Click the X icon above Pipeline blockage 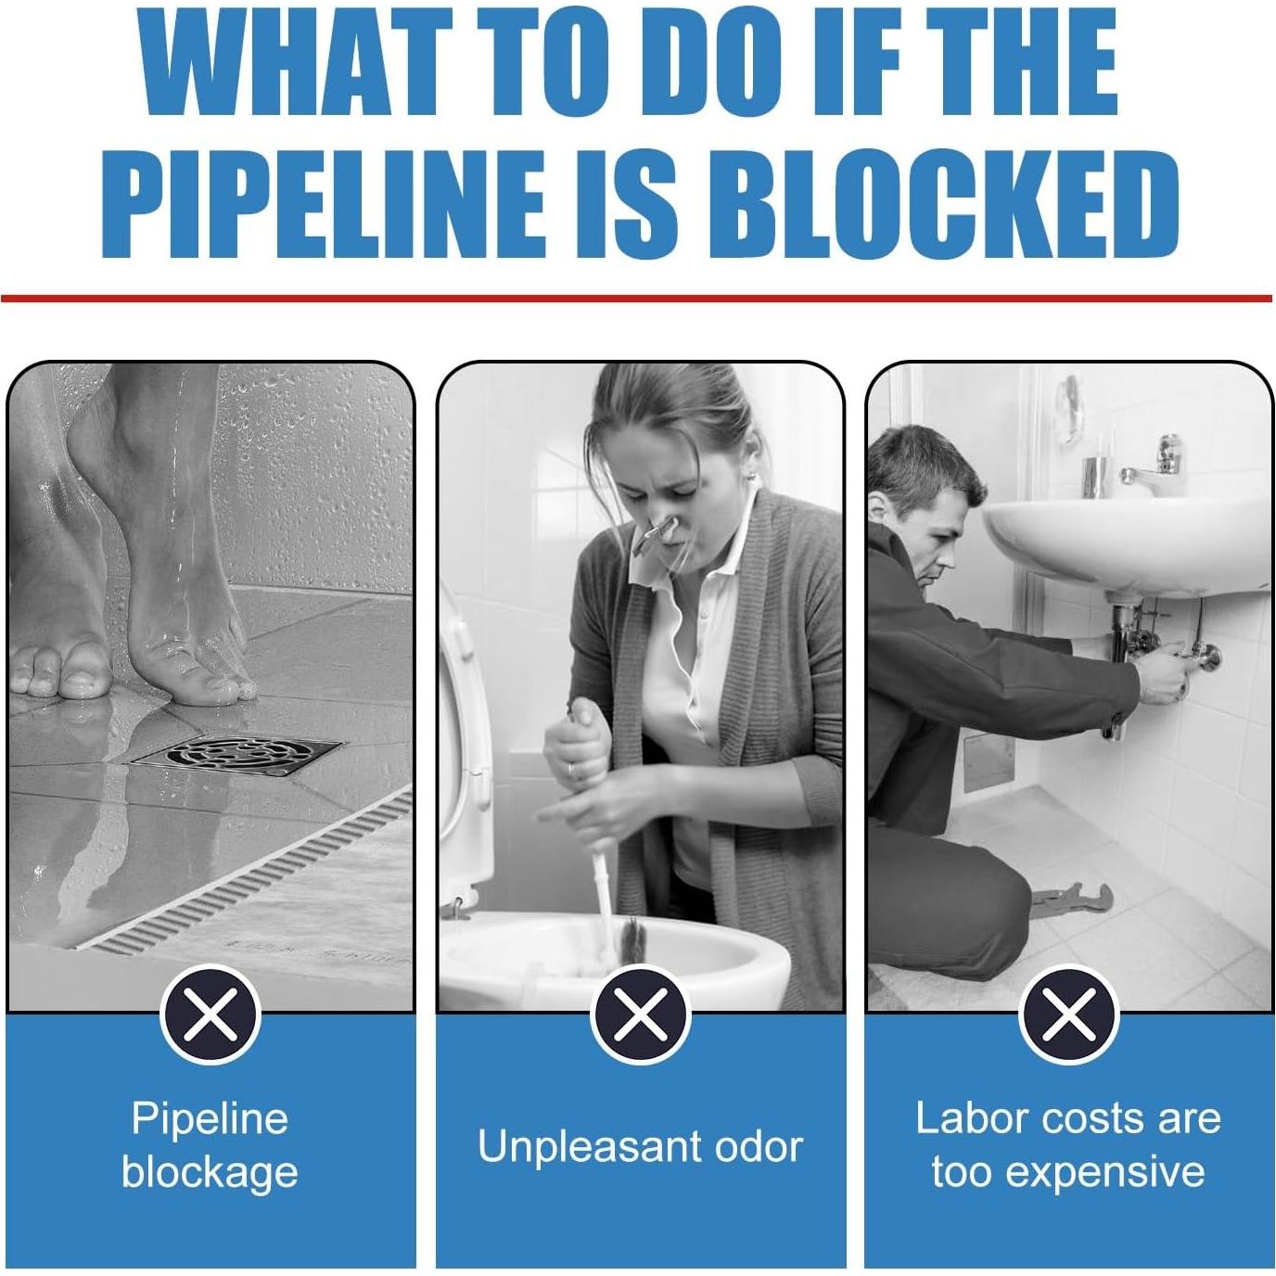(x=211, y=1014)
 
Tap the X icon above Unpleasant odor (x=640, y=1014)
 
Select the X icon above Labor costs (x=1068, y=1014)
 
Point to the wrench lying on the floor (x=1071, y=900)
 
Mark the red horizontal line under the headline (x=636, y=299)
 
